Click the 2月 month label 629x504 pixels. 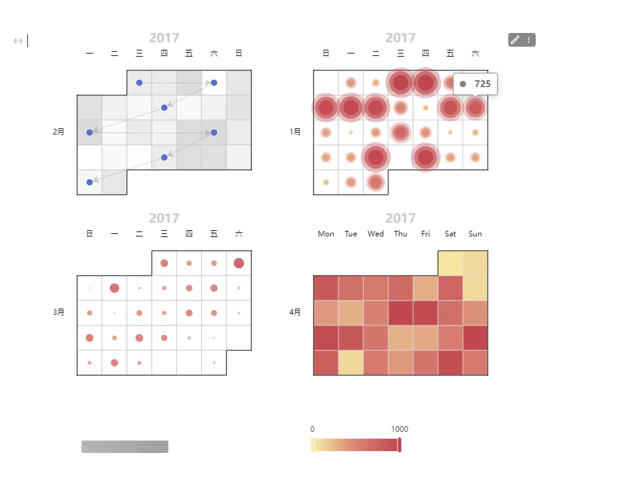[58, 132]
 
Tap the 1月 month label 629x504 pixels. [295, 132]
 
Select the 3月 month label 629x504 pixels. [58, 312]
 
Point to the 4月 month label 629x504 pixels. [295, 312]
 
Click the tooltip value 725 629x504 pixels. [482, 84]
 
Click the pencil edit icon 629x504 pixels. [515, 40]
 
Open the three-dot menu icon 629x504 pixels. [529, 40]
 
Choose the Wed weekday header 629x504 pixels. [376, 234]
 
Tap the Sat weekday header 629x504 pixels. [450, 234]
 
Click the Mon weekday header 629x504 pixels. [326, 234]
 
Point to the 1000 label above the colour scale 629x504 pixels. [399, 429]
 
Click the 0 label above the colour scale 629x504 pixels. [312, 429]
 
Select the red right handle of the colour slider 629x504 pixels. [399, 445]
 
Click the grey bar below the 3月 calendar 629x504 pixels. [124, 447]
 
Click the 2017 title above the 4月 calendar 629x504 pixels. [400, 218]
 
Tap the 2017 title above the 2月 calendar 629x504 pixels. [164, 38]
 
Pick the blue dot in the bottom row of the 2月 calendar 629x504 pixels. [90, 182]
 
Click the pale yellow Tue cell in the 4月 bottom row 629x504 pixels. [351, 363]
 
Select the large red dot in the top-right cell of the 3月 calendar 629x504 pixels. [239, 263]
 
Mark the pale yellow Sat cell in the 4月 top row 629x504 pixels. [450, 263]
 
